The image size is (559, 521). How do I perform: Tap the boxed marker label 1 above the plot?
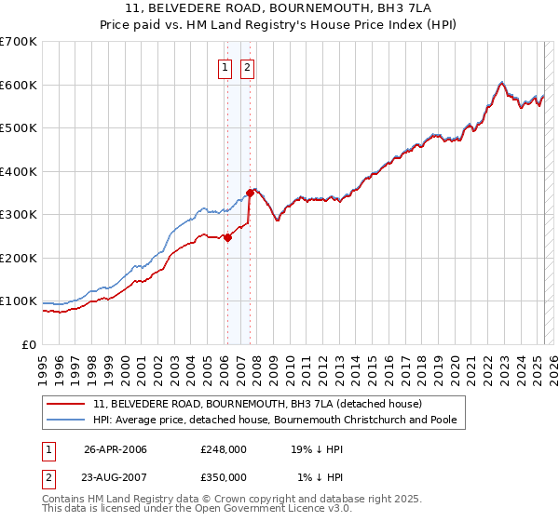[225, 67]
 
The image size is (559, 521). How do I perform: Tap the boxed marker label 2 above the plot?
[248, 67]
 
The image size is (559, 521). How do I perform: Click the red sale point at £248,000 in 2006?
[227, 237]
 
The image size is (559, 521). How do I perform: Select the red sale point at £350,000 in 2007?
[250, 193]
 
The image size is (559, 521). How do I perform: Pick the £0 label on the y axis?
[30, 344]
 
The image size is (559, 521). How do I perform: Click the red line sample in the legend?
[67, 404]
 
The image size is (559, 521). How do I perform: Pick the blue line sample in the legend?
[67, 420]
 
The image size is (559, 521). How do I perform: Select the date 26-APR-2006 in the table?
[116, 449]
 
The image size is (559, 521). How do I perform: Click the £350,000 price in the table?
[224, 477]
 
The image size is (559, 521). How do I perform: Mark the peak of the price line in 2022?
[501, 82]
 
